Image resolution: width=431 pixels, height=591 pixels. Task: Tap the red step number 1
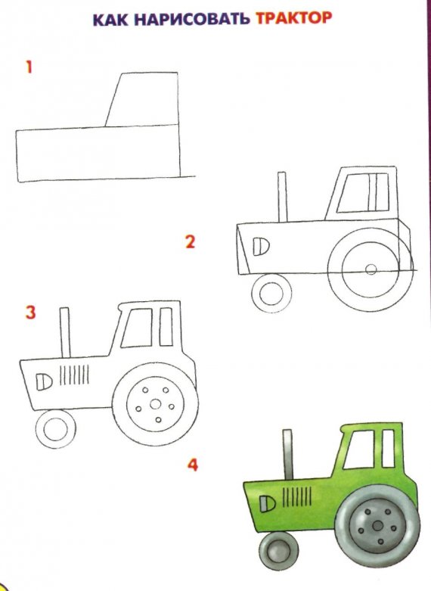coord(29,67)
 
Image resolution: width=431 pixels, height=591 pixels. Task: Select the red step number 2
coord(190,242)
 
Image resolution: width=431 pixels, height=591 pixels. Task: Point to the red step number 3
coord(30,312)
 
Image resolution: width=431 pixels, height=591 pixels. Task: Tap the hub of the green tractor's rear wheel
coord(375,524)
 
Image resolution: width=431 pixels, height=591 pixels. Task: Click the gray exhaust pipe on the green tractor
coord(288,455)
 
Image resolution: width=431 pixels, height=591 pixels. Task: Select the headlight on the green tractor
coord(265,502)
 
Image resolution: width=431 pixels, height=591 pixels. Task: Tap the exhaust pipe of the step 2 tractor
coord(283,197)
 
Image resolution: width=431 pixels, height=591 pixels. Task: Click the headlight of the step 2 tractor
coord(259,245)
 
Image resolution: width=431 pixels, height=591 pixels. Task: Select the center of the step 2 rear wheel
coord(370,269)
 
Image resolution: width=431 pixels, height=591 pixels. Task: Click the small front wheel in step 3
coord(56,428)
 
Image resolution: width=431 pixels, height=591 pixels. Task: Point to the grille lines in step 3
coord(73,375)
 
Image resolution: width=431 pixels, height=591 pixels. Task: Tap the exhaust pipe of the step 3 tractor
coord(66,331)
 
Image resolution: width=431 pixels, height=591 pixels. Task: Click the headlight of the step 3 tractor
coord(45,378)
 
